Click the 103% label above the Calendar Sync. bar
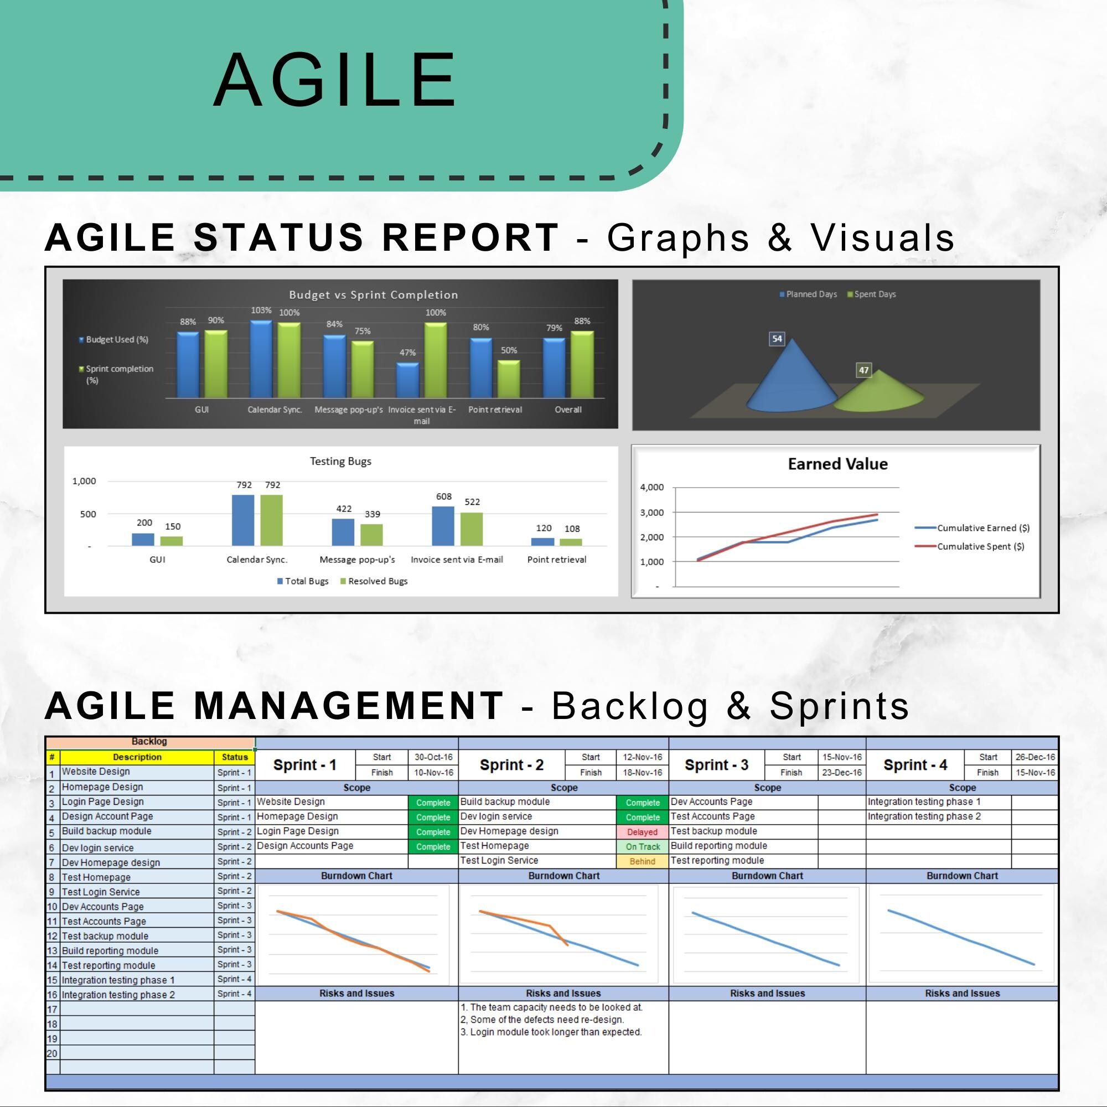(261, 310)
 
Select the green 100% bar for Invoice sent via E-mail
(436, 360)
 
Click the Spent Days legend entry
(872, 294)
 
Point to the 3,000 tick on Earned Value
(651, 512)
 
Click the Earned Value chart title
(837, 463)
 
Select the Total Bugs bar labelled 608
(443, 526)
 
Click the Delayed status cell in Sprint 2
(642, 832)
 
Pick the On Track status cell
(642, 847)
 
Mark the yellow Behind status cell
(642, 861)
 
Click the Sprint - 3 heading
(716, 765)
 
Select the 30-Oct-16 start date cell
(433, 757)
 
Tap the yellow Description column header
(137, 757)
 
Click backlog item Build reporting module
(110, 950)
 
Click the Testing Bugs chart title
(340, 461)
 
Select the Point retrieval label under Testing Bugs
(556, 559)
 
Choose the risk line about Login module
(551, 1032)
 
